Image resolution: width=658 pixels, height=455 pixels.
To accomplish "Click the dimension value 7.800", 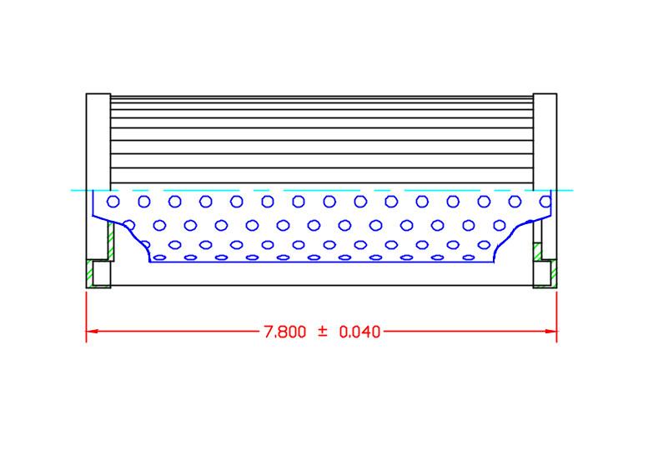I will point(285,332).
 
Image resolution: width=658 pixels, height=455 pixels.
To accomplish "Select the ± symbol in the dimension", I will point(322,332).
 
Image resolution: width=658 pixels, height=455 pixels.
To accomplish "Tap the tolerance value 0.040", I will point(359,332).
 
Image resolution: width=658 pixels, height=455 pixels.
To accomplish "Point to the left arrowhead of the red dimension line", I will point(93,332).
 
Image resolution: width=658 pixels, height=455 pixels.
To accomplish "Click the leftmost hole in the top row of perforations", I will point(113,201).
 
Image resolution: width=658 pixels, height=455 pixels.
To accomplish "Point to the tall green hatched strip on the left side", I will point(110,242).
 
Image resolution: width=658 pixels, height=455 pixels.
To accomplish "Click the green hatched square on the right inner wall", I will point(538,249).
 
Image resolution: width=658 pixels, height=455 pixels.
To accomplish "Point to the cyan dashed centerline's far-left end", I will point(73,190).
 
